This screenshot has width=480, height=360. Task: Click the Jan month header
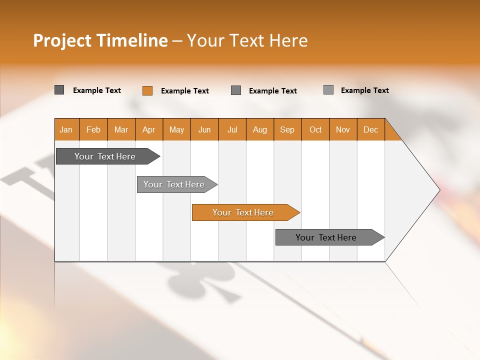click(x=66, y=129)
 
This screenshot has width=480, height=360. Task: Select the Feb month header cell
click(x=93, y=129)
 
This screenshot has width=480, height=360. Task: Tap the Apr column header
click(x=149, y=129)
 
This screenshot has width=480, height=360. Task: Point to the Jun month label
click(x=204, y=129)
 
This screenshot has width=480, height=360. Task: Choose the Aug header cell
click(x=260, y=129)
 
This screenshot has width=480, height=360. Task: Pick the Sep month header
click(x=287, y=129)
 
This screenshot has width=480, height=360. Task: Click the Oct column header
click(x=315, y=129)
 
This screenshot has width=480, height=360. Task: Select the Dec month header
click(x=371, y=129)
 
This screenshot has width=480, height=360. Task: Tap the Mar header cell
click(x=121, y=129)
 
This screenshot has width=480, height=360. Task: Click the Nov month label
click(x=343, y=129)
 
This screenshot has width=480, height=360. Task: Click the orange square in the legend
click(x=147, y=90)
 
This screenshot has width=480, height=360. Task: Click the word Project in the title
click(x=62, y=40)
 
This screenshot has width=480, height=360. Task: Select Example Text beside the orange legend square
click(x=185, y=91)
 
